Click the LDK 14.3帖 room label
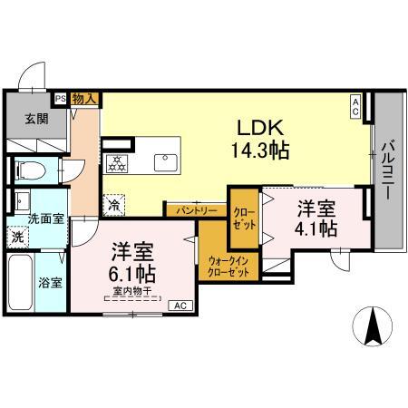click(x=260, y=139)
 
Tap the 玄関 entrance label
click(x=36, y=119)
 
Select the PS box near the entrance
click(x=61, y=99)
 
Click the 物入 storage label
click(x=84, y=99)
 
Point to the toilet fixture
click(x=30, y=170)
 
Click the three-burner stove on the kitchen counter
click(x=116, y=163)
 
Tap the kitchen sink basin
click(x=166, y=162)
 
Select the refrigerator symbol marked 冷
click(x=114, y=205)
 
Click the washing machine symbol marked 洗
click(x=17, y=238)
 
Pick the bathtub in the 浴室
click(x=21, y=283)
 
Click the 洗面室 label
click(x=46, y=219)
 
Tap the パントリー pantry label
click(x=197, y=210)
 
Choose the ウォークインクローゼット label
click(x=228, y=267)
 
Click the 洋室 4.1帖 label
click(x=316, y=219)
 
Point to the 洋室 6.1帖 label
click(x=132, y=262)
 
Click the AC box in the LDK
click(x=355, y=107)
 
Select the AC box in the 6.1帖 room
click(x=180, y=306)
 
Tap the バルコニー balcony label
click(x=387, y=170)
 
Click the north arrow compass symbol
click(x=373, y=326)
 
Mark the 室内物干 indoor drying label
click(x=132, y=291)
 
